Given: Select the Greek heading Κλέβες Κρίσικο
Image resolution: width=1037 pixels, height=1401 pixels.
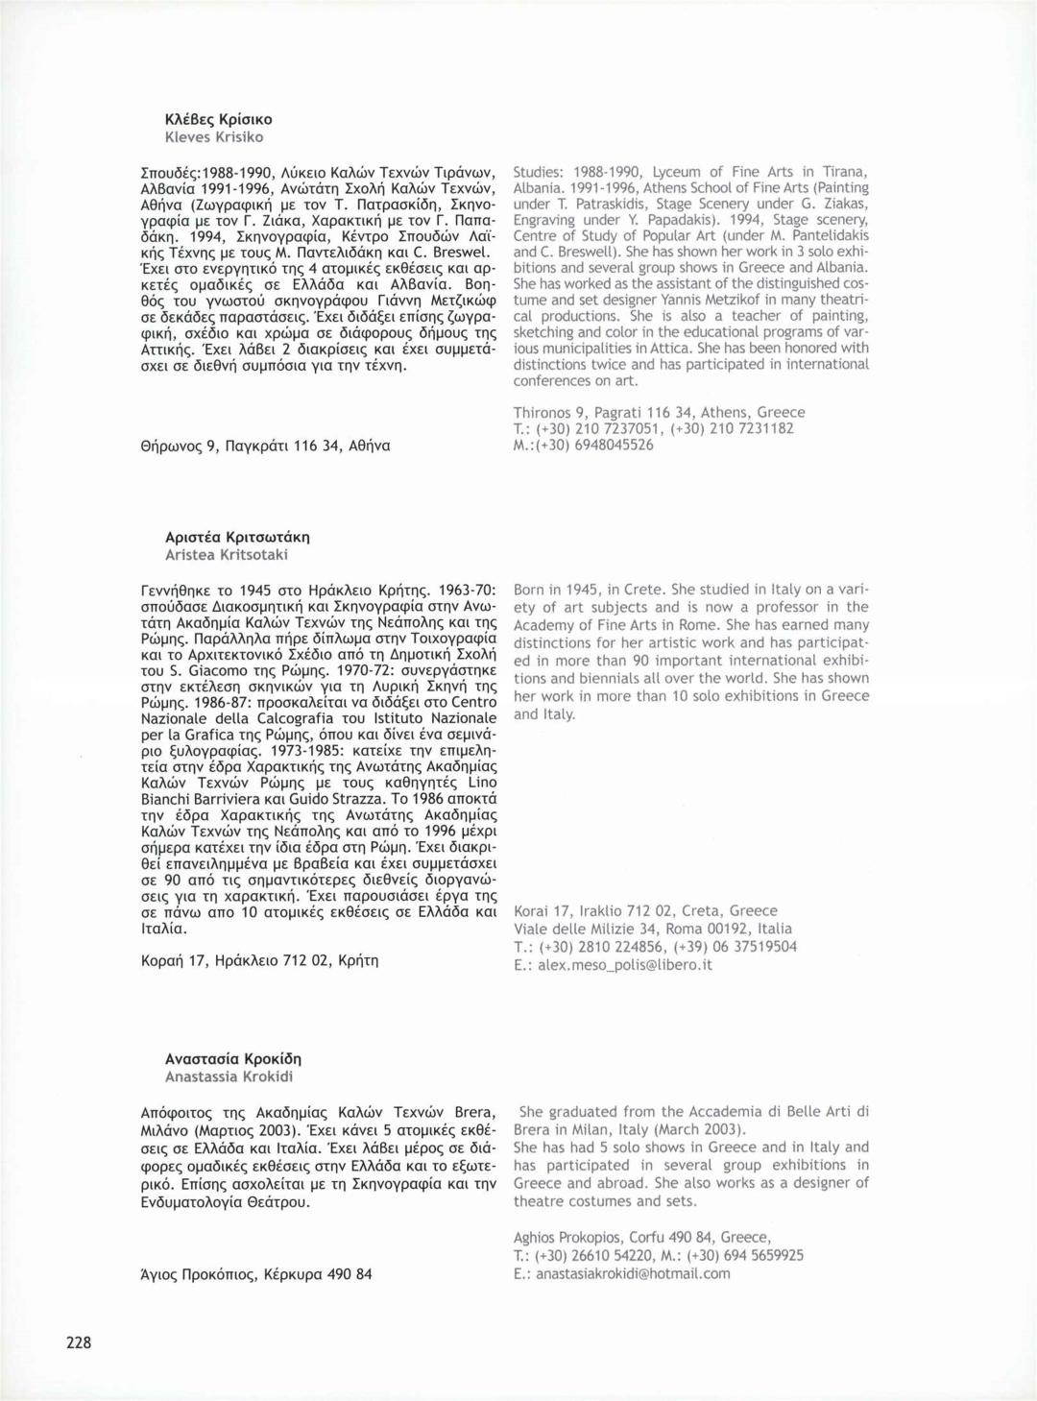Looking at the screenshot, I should (x=219, y=119).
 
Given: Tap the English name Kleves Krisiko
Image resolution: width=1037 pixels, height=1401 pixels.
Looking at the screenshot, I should (x=214, y=137).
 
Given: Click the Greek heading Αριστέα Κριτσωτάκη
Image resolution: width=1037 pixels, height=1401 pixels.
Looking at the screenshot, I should (x=237, y=537).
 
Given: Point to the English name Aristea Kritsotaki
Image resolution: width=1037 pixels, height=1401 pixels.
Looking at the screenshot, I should (x=227, y=554).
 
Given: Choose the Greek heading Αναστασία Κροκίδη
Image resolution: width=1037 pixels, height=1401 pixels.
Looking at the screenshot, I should (x=233, y=1058).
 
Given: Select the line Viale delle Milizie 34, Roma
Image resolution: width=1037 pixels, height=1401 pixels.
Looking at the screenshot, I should (x=653, y=929).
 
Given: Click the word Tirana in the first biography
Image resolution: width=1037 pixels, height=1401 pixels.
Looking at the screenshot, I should (x=845, y=172).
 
